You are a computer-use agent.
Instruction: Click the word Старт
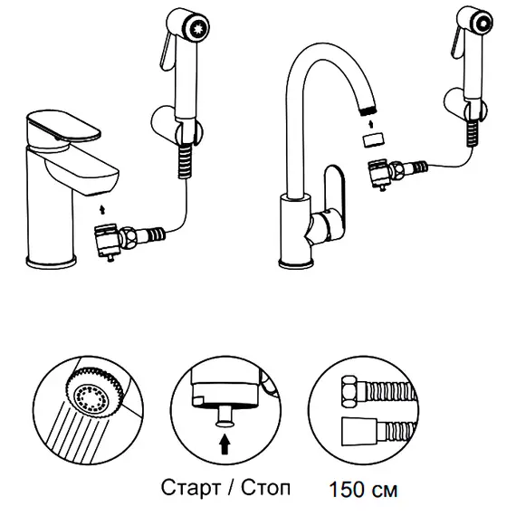pos(190,487)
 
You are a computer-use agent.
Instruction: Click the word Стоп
pos(265,487)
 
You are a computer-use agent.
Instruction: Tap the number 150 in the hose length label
pos(349,490)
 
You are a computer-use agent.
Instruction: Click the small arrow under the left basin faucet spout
pos(102,210)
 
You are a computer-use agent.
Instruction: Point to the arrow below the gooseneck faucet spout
pos(371,124)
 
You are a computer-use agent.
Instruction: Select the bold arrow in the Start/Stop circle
pos(225,444)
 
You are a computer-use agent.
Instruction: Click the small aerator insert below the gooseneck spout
pos(374,139)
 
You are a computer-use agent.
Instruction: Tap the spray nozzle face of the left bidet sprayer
pos(198,28)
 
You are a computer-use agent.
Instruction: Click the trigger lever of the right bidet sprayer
pos(455,43)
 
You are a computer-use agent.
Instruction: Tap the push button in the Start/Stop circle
pos(225,416)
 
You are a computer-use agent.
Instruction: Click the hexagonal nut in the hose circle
pos(351,393)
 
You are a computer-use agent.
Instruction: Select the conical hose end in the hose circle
pos(359,431)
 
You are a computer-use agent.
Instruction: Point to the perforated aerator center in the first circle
pos(91,398)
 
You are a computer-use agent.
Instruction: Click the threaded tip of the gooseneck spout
pos(368,111)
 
